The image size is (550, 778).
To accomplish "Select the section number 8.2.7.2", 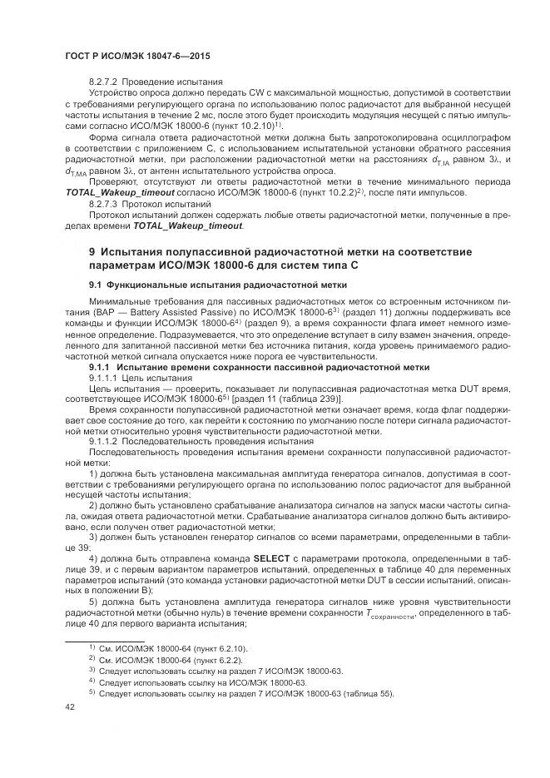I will point(105,82).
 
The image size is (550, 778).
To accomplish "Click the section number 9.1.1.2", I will point(105,441).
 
